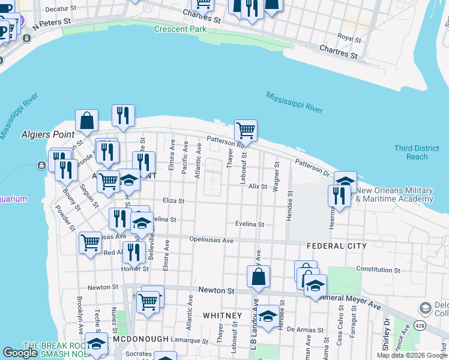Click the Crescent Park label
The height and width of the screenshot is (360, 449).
(x=180, y=29)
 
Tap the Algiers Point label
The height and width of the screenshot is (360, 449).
(x=47, y=134)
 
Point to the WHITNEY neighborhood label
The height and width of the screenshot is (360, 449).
(x=222, y=315)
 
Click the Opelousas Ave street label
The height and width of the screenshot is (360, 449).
(x=211, y=240)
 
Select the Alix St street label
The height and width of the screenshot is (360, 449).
(x=257, y=187)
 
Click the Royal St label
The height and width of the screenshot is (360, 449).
(x=349, y=37)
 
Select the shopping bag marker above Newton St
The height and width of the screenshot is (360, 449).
(x=258, y=277)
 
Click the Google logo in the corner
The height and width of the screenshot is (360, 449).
(x=20, y=353)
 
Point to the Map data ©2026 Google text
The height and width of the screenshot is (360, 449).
(x=412, y=355)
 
